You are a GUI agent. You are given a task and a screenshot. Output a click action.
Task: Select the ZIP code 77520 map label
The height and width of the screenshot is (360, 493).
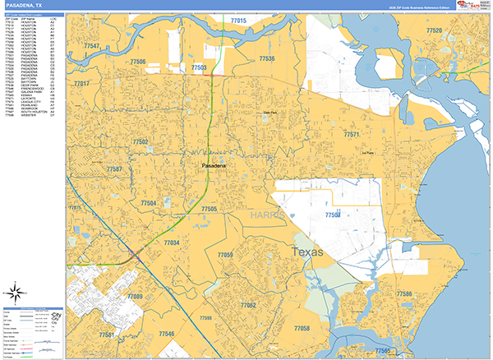coord(434,30)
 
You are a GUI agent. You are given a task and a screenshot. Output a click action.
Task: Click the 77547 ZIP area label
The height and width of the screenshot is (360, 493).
coord(91,47)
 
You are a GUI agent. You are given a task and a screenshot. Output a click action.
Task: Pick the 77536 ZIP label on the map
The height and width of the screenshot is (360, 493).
coord(267,59)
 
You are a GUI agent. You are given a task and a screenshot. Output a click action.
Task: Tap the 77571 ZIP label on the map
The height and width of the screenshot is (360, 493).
coord(352,134)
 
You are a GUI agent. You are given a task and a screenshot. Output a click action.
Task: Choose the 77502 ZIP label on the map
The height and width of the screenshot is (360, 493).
coord(140,142)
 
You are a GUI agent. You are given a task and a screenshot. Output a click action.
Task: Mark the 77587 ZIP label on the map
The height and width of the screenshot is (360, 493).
coord(114,169)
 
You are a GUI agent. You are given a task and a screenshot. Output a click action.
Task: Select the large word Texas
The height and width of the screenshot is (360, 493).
coord(309,252)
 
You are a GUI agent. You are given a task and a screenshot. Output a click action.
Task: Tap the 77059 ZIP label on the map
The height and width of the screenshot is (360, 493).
coord(225,256)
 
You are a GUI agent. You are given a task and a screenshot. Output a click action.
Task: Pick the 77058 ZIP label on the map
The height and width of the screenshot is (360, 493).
coord(302,328)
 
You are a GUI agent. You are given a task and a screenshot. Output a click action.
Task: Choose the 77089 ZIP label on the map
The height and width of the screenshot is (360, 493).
coord(135,296)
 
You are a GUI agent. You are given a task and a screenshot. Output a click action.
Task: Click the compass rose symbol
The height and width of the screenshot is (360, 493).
coord(13,291)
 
